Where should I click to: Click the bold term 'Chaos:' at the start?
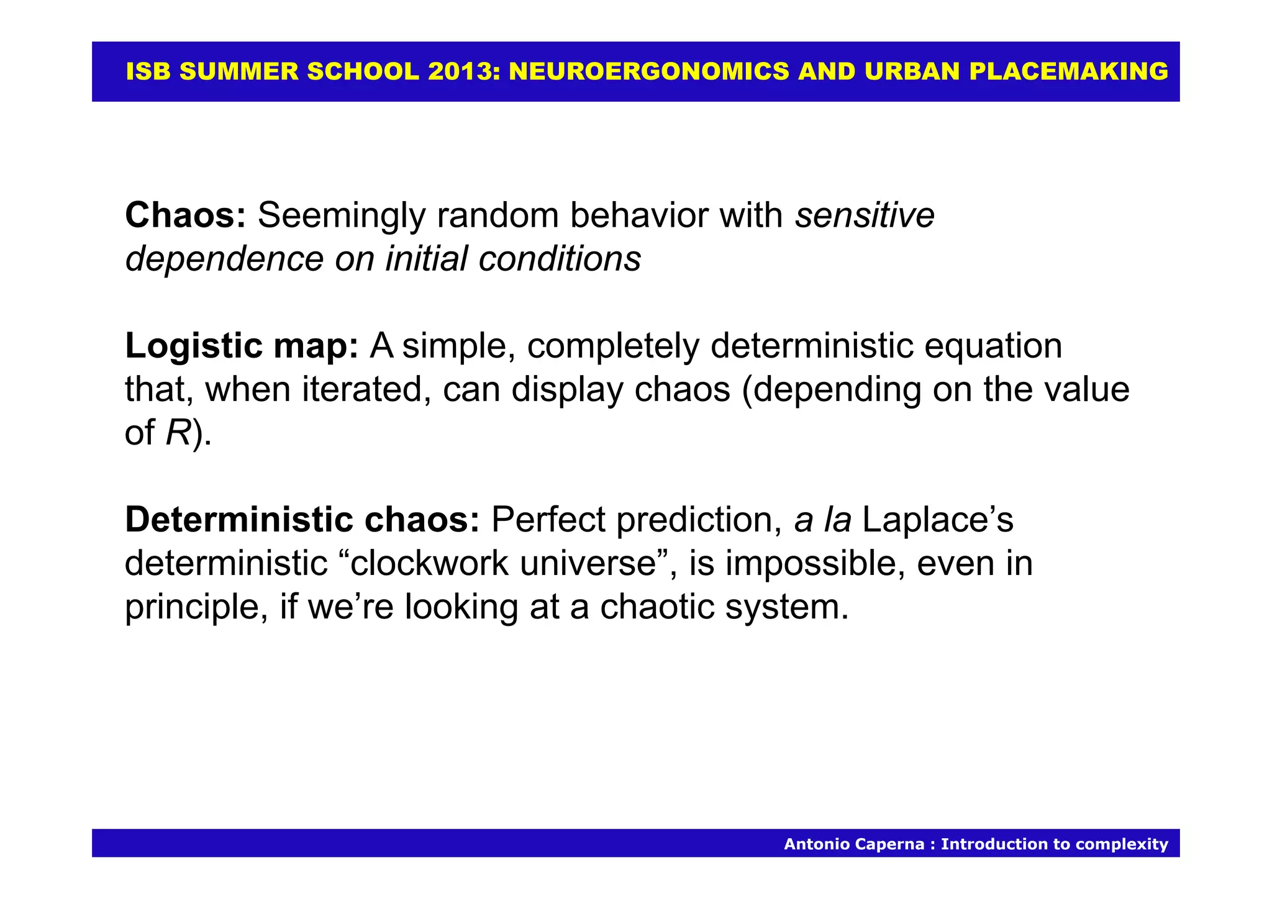click(185, 215)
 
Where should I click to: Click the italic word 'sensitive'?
click(865, 215)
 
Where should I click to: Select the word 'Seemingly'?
click(341, 215)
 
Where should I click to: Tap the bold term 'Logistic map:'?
click(241, 346)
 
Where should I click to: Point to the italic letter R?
click(178, 433)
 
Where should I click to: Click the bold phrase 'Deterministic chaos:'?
click(302, 520)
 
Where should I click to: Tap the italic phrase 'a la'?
click(822, 520)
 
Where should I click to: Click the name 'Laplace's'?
click(938, 520)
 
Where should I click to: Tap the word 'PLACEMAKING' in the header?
click(1068, 72)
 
